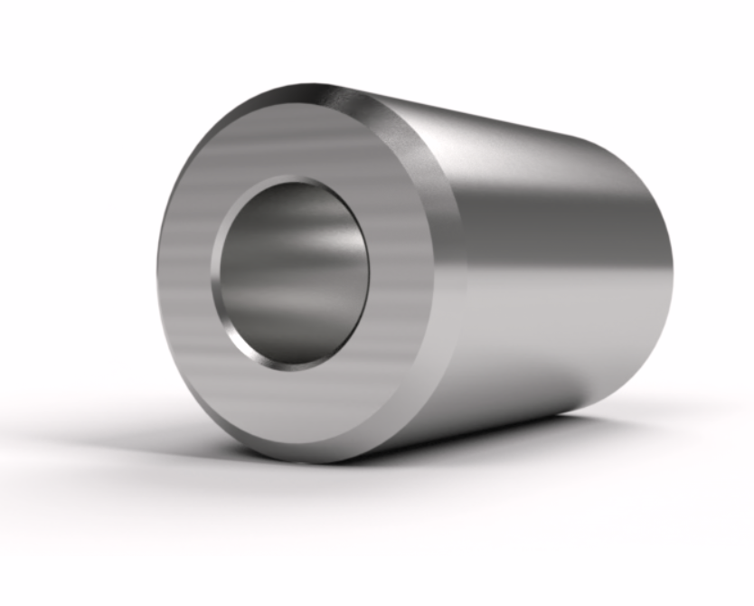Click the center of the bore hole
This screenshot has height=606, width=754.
coord(291,271)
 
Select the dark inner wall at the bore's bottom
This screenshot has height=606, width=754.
coord(289,344)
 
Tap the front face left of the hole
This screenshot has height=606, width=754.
coord(185,271)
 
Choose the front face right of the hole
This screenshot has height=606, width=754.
coord(402,271)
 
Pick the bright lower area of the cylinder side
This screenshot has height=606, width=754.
coord(542,344)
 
